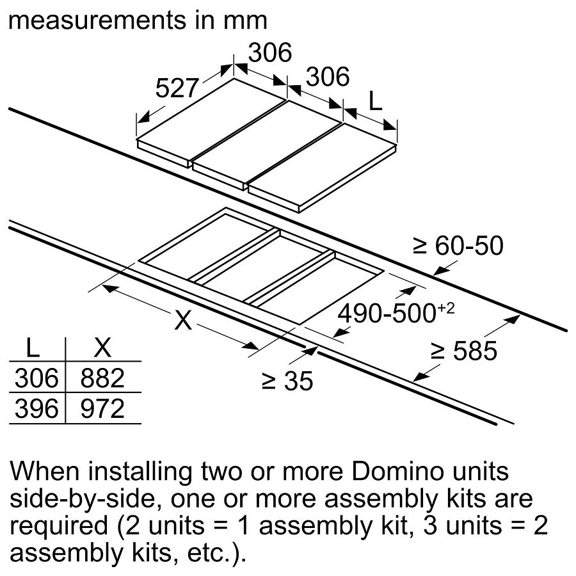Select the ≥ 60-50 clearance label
point(458,245)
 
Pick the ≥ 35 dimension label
point(287,381)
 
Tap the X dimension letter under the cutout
point(183,319)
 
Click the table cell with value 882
point(102,379)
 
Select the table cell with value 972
point(102,408)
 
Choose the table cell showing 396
point(35,408)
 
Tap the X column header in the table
point(102,349)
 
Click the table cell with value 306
point(35,379)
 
